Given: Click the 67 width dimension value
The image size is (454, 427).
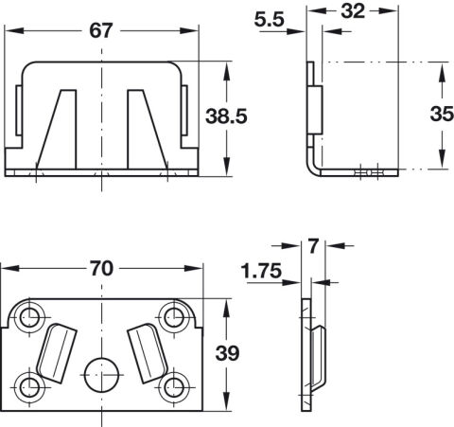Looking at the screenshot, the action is tap(101, 31).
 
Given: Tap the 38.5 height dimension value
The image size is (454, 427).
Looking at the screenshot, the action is tap(226, 116).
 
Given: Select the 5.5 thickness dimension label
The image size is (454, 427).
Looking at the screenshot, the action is tap(270, 20).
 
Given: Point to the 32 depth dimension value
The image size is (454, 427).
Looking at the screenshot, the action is tap(353, 11).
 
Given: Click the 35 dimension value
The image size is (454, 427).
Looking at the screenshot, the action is tap(442, 114).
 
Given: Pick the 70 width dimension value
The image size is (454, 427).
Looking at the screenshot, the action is tap(101, 269).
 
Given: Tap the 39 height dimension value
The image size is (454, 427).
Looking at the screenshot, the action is tap(228, 353).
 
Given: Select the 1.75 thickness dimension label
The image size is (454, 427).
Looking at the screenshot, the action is tap(261, 271).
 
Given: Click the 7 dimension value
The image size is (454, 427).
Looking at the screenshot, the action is tap(313, 246).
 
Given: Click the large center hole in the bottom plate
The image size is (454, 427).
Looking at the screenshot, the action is tap(102, 375).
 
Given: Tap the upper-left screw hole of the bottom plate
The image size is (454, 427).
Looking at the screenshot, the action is tap(30, 317).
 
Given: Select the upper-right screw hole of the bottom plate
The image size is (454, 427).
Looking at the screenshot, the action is tap(173, 317).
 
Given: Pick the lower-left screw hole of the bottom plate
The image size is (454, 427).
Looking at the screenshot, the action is tap(30, 386).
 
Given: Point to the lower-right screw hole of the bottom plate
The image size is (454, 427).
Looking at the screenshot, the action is tap(173, 386).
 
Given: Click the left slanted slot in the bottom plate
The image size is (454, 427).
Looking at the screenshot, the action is tap(57, 353).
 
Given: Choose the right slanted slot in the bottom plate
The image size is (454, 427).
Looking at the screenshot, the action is tap(148, 353).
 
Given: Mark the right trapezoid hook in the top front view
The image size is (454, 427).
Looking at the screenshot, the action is tap(147, 130).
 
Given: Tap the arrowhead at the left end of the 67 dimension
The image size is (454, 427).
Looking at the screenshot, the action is tap(14, 31).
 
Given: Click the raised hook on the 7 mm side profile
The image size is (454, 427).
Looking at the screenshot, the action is tap(319, 357).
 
